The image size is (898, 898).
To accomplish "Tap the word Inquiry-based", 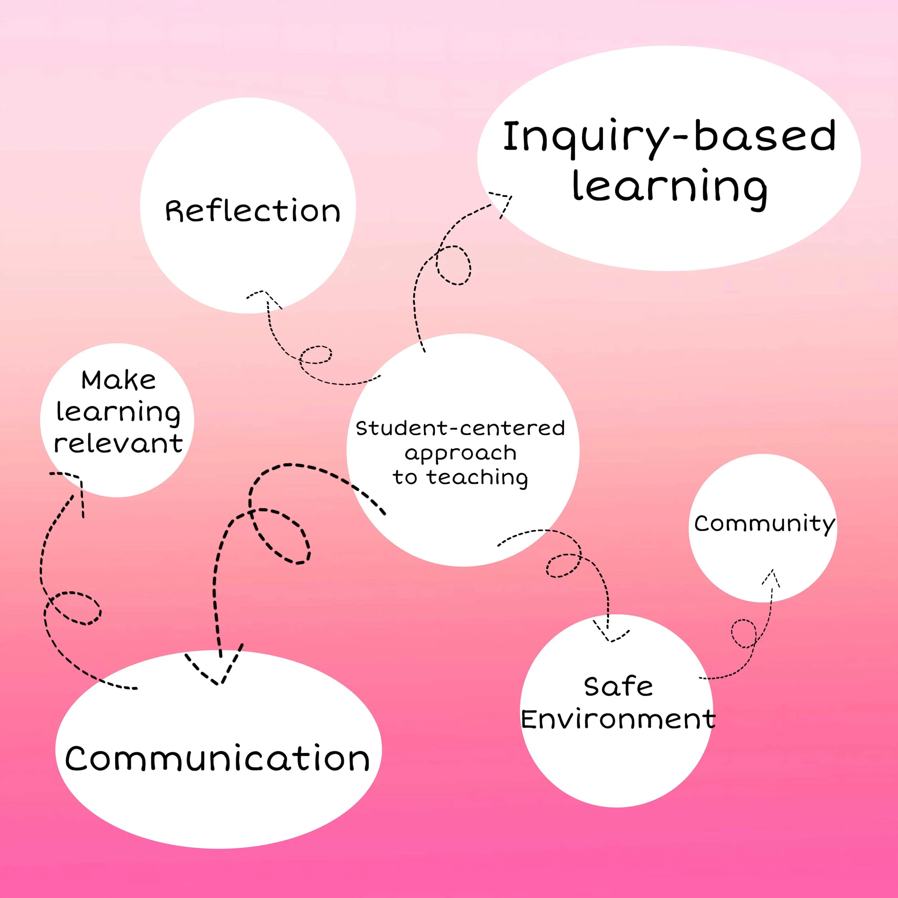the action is point(669,136).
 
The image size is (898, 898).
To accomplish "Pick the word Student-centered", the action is point(460,428).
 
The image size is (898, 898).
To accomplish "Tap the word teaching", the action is point(477,477).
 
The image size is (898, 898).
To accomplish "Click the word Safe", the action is point(618,686).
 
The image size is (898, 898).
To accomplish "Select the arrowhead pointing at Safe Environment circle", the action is point(610,637).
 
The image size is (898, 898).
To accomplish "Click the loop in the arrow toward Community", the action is point(743,633).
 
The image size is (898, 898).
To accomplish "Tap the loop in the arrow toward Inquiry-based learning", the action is point(453,265).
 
